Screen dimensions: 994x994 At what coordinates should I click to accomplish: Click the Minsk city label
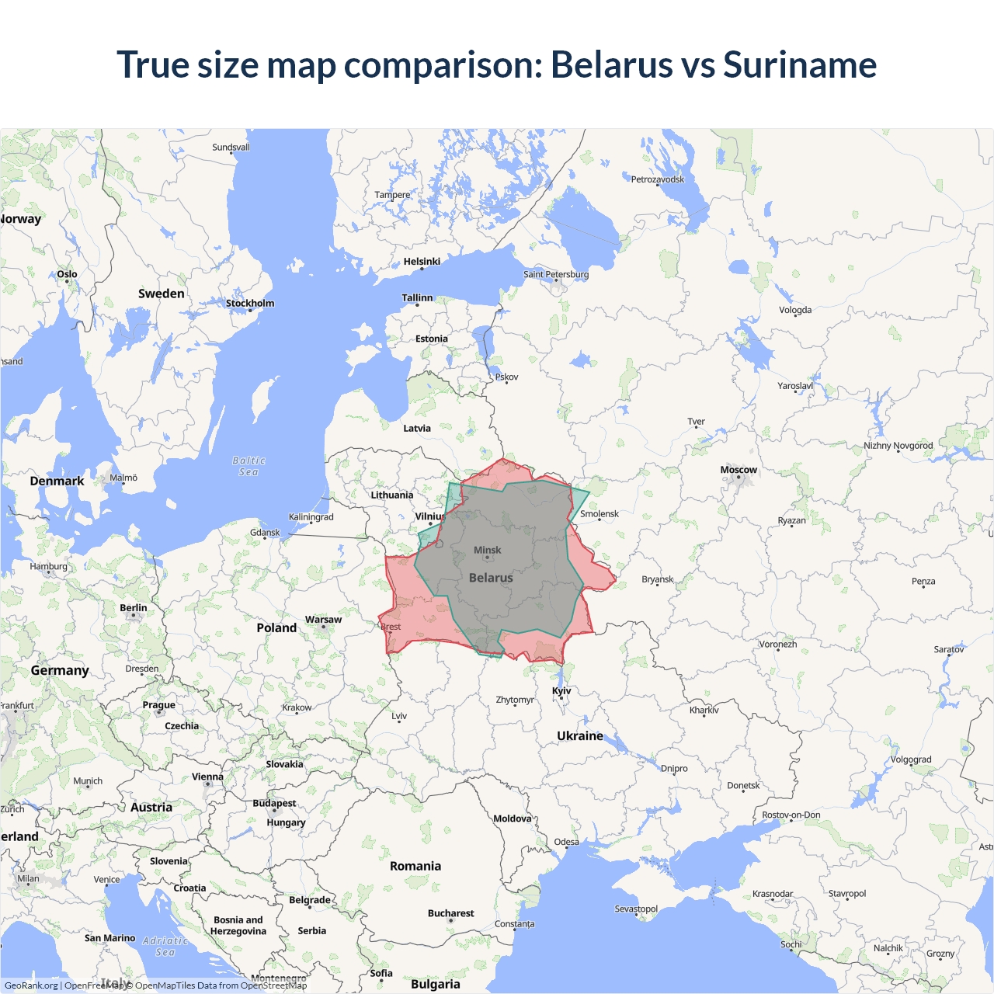click(488, 550)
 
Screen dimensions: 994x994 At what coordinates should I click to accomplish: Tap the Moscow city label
click(739, 470)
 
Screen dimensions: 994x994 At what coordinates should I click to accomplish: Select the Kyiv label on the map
click(561, 690)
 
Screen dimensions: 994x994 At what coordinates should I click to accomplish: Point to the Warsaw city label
click(323, 620)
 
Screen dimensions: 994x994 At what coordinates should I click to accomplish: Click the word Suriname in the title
click(800, 64)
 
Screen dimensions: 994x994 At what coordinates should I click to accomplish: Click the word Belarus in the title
click(612, 64)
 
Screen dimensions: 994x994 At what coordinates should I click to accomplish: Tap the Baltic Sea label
click(248, 466)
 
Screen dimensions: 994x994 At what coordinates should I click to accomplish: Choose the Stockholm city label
click(250, 303)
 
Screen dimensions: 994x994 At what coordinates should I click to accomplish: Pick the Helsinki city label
click(422, 262)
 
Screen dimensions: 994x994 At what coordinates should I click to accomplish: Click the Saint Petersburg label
click(556, 274)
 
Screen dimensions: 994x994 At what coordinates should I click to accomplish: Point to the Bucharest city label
click(450, 913)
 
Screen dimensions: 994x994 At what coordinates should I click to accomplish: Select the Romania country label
click(415, 866)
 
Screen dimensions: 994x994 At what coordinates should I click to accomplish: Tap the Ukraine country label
click(580, 735)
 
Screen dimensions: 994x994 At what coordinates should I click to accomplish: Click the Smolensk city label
click(600, 514)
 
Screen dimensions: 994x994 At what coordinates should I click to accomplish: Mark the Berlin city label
click(134, 608)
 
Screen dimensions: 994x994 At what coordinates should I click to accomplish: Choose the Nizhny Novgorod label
click(898, 446)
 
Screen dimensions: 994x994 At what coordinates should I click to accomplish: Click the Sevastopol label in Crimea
click(636, 909)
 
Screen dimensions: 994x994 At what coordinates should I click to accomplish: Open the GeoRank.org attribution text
click(31, 985)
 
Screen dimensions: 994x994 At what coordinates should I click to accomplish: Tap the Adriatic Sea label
click(165, 946)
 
